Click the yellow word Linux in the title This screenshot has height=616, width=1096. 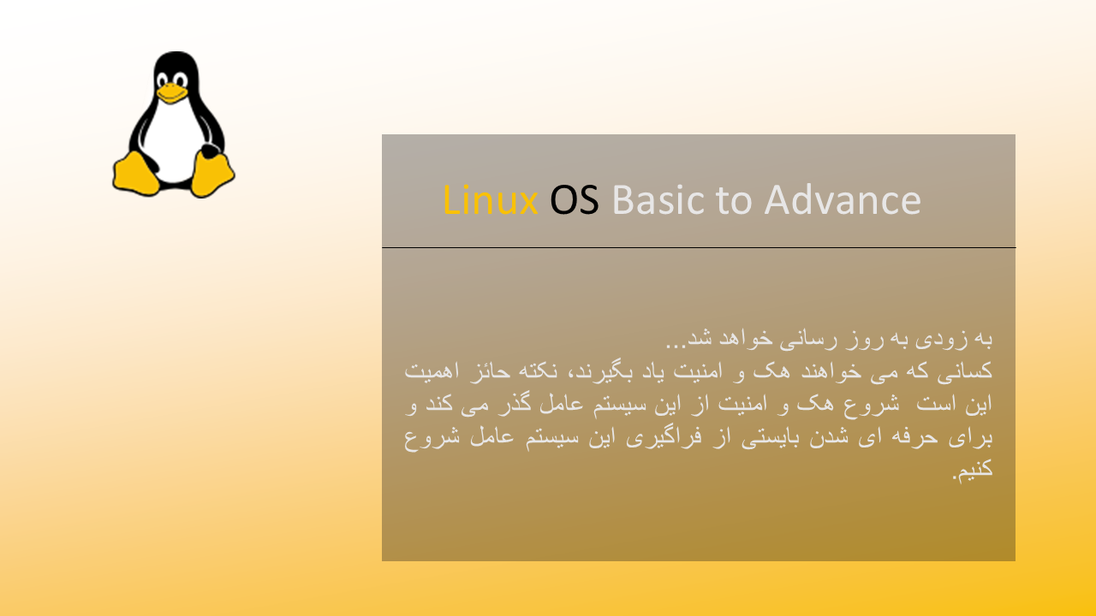click(x=491, y=200)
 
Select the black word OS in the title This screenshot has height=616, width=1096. click(x=575, y=200)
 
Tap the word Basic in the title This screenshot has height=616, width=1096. click(x=658, y=200)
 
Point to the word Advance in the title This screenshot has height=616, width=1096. click(x=843, y=200)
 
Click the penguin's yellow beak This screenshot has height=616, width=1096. click(x=171, y=93)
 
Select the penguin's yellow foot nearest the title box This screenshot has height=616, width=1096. click(x=211, y=174)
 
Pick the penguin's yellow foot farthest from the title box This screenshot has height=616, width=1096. click(x=135, y=174)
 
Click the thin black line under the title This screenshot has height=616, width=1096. click(x=699, y=248)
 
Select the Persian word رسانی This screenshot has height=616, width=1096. click(x=807, y=340)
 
